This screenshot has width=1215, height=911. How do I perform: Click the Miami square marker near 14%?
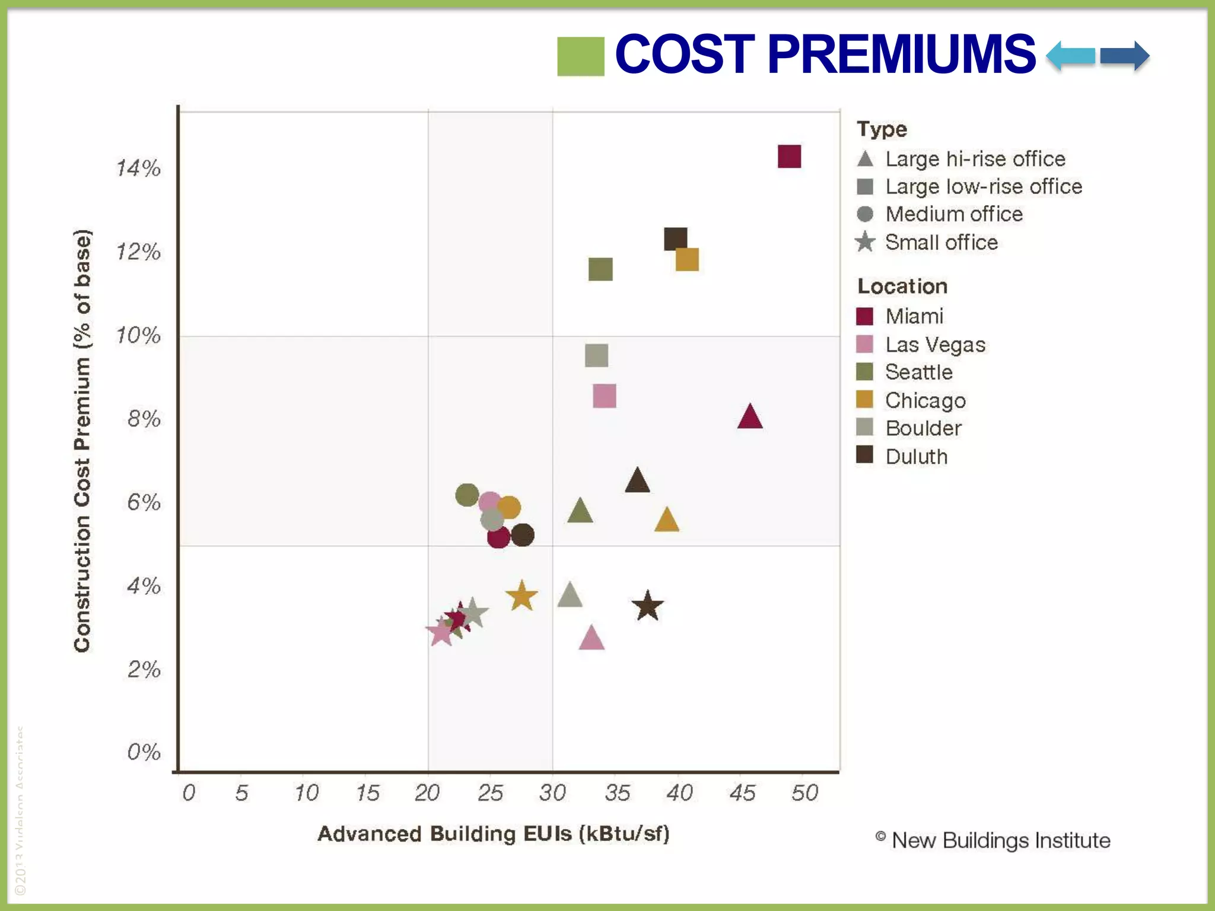(x=789, y=157)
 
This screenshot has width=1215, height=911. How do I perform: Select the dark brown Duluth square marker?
(x=675, y=238)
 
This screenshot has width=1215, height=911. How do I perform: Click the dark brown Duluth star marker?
(x=647, y=606)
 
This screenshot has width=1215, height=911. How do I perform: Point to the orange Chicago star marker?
(x=521, y=596)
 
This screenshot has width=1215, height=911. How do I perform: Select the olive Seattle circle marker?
(x=467, y=495)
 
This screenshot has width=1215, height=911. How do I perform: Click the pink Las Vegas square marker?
(x=605, y=396)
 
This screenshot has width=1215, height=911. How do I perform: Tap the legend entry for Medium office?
(x=953, y=214)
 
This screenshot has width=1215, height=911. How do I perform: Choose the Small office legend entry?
(x=941, y=243)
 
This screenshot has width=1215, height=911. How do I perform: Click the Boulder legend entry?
(x=923, y=428)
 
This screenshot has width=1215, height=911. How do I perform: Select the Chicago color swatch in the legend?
(x=865, y=400)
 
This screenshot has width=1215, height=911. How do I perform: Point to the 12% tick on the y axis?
(x=138, y=252)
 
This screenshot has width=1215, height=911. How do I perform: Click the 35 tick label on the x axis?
(x=617, y=793)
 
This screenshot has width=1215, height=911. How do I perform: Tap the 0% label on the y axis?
(x=144, y=752)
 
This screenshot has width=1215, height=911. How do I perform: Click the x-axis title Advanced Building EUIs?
(x=494, y=834)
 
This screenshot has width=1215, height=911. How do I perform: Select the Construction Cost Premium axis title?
(x=82, y=440)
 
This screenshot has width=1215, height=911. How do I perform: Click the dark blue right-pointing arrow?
(x=1125, y=56)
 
